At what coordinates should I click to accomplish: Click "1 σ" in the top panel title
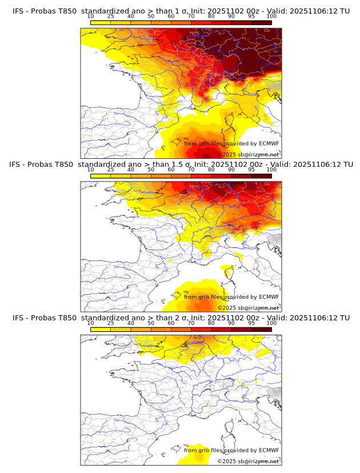click(178, 11)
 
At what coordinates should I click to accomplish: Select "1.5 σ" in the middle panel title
click(181, 165)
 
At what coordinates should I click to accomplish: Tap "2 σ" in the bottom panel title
click(178, 318)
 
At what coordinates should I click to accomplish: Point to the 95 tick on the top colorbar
click(251, 17)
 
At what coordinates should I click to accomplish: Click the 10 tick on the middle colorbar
click(90, 170)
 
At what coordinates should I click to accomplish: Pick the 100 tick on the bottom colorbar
click(271, 323)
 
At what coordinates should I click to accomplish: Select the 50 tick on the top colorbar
click(151, 17)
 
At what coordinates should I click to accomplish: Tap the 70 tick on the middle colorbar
click(191, 170)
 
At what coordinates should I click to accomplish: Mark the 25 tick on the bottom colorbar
click(110, 323)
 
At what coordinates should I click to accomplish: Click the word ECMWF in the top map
click(269, 143)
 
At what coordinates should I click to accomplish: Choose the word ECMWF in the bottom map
click(269, 450)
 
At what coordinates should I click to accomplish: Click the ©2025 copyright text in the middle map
click(227, 307)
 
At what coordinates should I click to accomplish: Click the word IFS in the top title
click(18, 11)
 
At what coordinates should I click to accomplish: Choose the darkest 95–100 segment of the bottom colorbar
click(262, 330)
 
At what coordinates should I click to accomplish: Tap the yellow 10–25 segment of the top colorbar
click(101, 23)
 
